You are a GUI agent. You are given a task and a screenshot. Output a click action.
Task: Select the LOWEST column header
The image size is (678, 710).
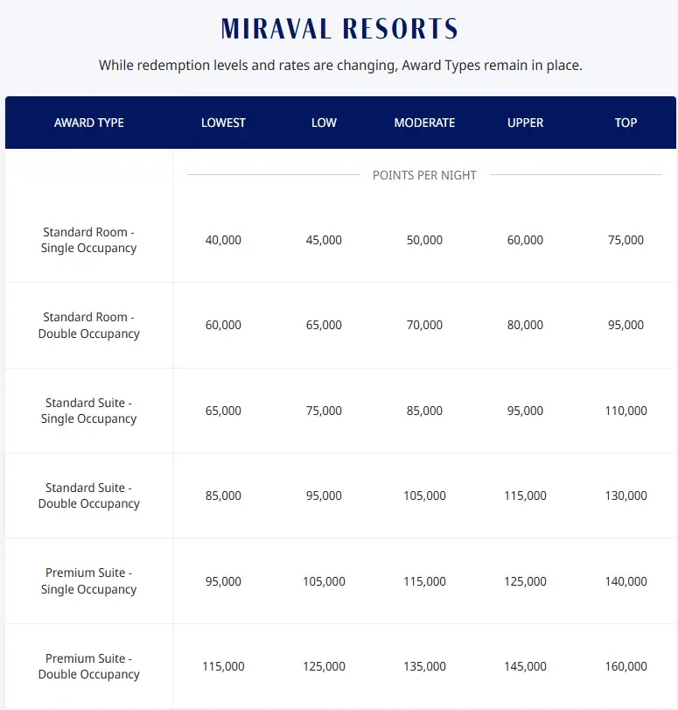click(x=223, y=123)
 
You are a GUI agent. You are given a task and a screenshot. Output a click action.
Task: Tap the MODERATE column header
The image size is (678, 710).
click(x=424, y=123)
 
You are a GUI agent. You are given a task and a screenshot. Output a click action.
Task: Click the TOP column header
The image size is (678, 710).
click(x=626, y=123)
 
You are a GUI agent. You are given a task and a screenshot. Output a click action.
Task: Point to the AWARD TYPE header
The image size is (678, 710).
click(x=89, y=123)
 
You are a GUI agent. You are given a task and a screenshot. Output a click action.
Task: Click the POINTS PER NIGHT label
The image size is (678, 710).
click(x=424, y=175)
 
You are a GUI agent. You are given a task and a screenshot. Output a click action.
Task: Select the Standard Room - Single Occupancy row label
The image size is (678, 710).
click(x=89, y=240)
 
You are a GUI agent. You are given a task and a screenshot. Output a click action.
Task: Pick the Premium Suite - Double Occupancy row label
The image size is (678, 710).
click(x=89, y=666)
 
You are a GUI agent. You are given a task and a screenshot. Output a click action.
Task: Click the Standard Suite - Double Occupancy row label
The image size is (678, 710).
click(x=89, y=496)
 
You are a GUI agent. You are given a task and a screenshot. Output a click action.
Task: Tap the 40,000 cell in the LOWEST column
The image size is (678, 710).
click(x=223, y=240)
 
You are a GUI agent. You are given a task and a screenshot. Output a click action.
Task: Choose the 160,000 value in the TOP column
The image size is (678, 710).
click(x=626, y=666)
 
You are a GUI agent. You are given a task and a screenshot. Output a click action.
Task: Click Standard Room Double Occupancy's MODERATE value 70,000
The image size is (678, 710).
click(x=424, y=325)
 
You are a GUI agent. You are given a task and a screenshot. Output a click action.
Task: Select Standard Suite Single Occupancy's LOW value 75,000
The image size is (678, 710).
click(x=324, y=411)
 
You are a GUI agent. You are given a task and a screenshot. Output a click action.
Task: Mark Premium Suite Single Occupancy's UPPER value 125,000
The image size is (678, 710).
click(x=525, y=581)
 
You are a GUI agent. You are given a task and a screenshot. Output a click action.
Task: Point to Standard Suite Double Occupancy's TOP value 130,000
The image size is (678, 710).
click(x=626, y=496)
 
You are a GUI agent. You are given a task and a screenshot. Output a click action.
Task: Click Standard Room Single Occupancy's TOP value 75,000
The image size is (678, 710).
click(x=626, y=240)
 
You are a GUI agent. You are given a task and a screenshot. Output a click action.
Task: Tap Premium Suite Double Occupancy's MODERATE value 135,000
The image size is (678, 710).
click(x=424, y=666)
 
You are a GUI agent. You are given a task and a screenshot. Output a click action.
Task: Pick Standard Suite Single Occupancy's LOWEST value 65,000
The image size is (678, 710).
click(x=223, y=411)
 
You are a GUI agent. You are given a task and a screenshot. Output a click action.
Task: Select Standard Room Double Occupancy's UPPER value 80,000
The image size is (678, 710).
click(x=525, y=325)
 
